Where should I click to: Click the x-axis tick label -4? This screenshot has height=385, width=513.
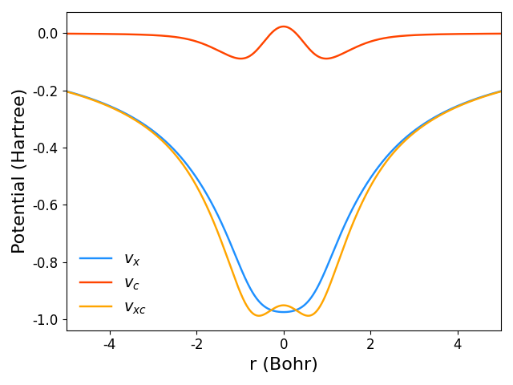tap(110, 344)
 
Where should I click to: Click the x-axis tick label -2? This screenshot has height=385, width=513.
tap(196, 344)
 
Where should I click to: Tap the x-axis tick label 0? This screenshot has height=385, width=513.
tap(284, 344)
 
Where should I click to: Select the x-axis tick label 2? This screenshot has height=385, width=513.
tap(370, 344)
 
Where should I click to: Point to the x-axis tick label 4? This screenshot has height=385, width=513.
tap(458, 344)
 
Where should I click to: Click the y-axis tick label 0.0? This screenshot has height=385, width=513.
tap(47, 34)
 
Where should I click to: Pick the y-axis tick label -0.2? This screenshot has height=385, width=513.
tap(45, 91)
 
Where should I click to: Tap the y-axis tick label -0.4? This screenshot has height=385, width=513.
tap(45, 148)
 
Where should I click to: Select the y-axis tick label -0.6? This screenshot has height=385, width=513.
tap(45, 205)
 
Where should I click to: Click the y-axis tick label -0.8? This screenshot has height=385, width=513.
tap(45, 262)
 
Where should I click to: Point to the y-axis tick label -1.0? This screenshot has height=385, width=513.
tap(45, 320)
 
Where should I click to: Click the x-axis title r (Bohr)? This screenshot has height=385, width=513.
tap(284, 364)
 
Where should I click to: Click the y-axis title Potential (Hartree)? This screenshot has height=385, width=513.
tap(18, 171)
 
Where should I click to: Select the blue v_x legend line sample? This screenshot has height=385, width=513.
tap(95, 259)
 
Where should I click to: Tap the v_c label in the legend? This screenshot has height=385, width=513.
tap(131, 283)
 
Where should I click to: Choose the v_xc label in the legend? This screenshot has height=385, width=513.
tap(135, 307)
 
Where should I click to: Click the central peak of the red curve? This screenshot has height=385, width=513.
tap(284, 26)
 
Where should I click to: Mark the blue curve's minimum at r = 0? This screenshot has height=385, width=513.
tap(284, 311)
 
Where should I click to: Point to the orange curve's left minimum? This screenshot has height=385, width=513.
tap(258, 315)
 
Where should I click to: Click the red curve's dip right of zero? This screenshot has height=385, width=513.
tap(326, 58)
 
